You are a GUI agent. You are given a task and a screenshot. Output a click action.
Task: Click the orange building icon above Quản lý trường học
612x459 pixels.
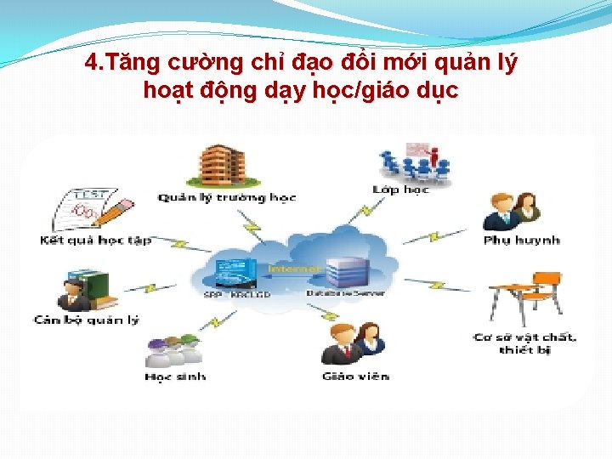coord(223,166)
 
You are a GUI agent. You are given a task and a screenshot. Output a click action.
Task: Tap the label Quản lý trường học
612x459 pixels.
coord(227,197)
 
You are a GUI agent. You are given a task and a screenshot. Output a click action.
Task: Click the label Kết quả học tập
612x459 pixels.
coord(96,241)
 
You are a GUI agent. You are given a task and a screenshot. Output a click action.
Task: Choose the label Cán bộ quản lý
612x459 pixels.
coord(86,320)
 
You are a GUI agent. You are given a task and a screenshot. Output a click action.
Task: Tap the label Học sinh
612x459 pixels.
coord(175,377)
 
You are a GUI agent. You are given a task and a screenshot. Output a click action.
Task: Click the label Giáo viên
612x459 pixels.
coord(355,376)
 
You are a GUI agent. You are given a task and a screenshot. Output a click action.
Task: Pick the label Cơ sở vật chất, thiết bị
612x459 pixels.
coord(525,343)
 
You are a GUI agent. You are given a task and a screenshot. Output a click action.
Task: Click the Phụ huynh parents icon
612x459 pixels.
coord(512,212)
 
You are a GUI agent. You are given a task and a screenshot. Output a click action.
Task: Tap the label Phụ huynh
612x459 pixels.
coord(522,241)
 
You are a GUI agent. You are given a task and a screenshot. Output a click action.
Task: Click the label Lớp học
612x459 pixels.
coord(401,190)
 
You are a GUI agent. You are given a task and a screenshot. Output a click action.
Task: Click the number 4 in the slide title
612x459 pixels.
coord(92,64)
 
